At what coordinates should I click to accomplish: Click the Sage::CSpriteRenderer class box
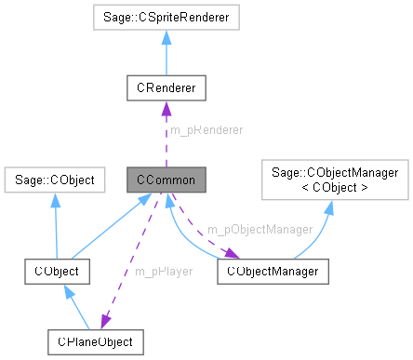point(165,17)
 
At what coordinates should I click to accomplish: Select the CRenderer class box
point(165,88)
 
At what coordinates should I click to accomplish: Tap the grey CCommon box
point(165,177)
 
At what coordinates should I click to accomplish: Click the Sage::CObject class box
point(55,177)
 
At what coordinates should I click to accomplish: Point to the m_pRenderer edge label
point(207,131)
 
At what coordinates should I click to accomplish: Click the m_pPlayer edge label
point(163,272)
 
